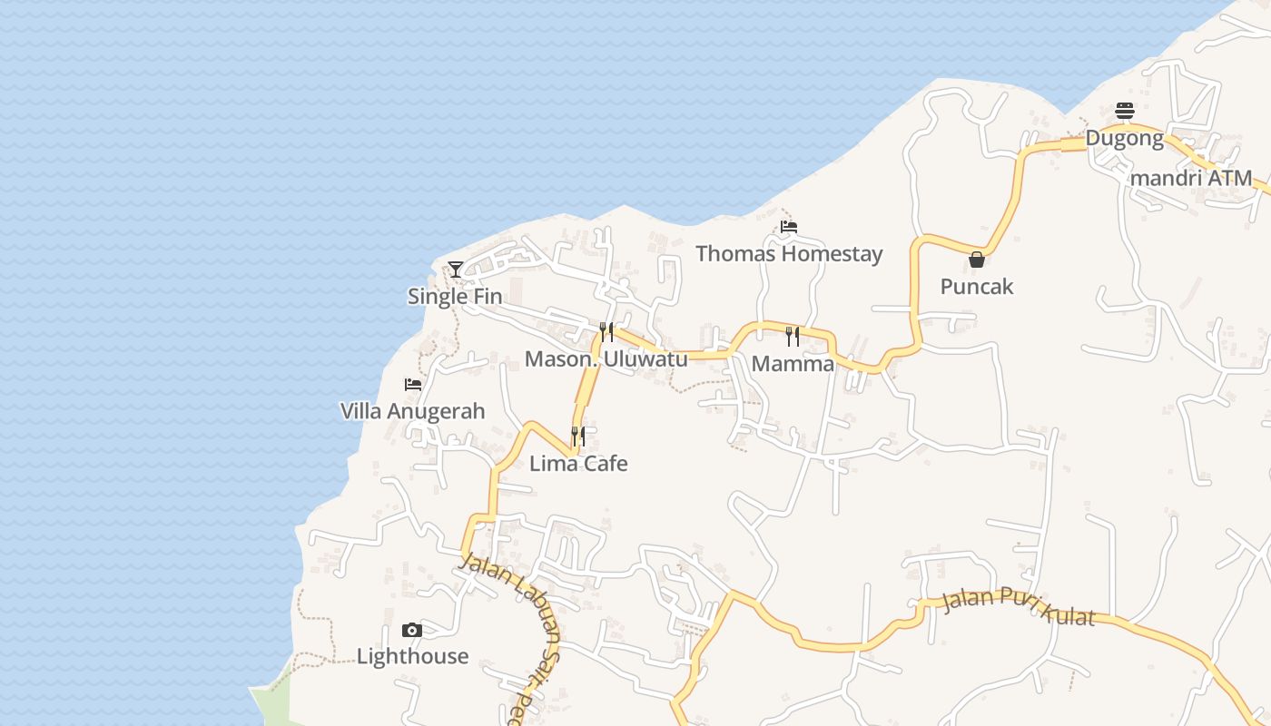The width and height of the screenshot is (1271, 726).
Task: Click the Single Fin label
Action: [454, 296]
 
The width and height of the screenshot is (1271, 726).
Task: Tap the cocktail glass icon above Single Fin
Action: [456, 270]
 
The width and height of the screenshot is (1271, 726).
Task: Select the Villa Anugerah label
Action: [412, 411]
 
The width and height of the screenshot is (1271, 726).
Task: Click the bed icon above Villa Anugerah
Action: [413, 385]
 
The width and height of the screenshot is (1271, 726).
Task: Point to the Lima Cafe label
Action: [578, 464]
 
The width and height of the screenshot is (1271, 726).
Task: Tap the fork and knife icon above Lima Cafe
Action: [578, 437]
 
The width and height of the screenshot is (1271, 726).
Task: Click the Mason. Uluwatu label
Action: [606, 359]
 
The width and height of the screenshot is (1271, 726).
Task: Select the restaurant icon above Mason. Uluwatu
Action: [606, 331]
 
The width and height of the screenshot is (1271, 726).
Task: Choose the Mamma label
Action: [793, 364]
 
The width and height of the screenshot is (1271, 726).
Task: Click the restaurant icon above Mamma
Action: [793, 337]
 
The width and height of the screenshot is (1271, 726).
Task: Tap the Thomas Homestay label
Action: [789, 253]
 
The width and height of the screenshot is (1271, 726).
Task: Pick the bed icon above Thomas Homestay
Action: [789, 227]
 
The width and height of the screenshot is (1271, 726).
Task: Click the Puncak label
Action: [976, 287]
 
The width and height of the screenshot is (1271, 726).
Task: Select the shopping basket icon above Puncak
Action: [977, 260]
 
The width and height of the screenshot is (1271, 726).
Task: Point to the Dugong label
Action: [1124, 139]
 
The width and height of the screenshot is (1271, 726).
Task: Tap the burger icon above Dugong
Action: [1125, 112]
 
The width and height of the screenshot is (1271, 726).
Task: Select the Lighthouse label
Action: [412, 656]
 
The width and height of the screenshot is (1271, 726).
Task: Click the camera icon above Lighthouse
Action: [412, 630]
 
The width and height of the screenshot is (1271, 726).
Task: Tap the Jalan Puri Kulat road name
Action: [1018, 605]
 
